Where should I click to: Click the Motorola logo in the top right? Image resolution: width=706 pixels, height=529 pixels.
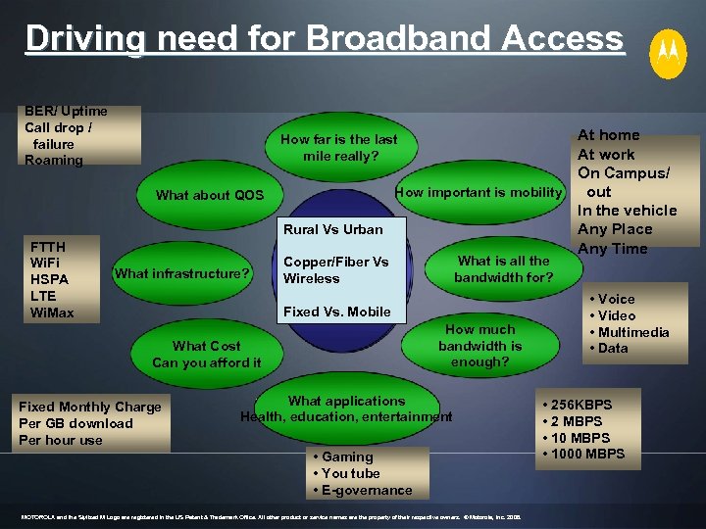[668, 53]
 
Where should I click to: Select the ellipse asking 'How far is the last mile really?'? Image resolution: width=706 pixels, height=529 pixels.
[339, 148]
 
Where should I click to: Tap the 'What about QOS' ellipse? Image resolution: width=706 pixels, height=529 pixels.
[210, 195]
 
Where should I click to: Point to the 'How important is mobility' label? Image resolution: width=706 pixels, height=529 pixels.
[479, 193]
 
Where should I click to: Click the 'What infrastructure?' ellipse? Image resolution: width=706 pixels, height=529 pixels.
[182, 273]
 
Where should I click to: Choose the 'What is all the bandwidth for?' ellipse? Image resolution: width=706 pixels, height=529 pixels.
[503, 269]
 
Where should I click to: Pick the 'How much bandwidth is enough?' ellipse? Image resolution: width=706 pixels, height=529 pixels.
[479, 346]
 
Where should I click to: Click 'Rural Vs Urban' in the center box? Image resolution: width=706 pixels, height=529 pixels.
[332, 229]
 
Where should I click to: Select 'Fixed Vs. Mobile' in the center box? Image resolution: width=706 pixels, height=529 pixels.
[336, 312]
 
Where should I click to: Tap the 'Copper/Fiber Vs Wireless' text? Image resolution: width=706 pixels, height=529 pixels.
[335, 270]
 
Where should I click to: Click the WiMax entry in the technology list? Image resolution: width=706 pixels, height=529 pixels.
[52, 313]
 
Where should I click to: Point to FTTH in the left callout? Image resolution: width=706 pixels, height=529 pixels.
[49, 247]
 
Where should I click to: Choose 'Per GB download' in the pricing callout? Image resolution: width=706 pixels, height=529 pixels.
[76, 423]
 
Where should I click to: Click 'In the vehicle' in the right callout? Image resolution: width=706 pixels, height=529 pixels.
[627, 211]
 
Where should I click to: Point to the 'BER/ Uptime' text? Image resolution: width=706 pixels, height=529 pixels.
[66, 112]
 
